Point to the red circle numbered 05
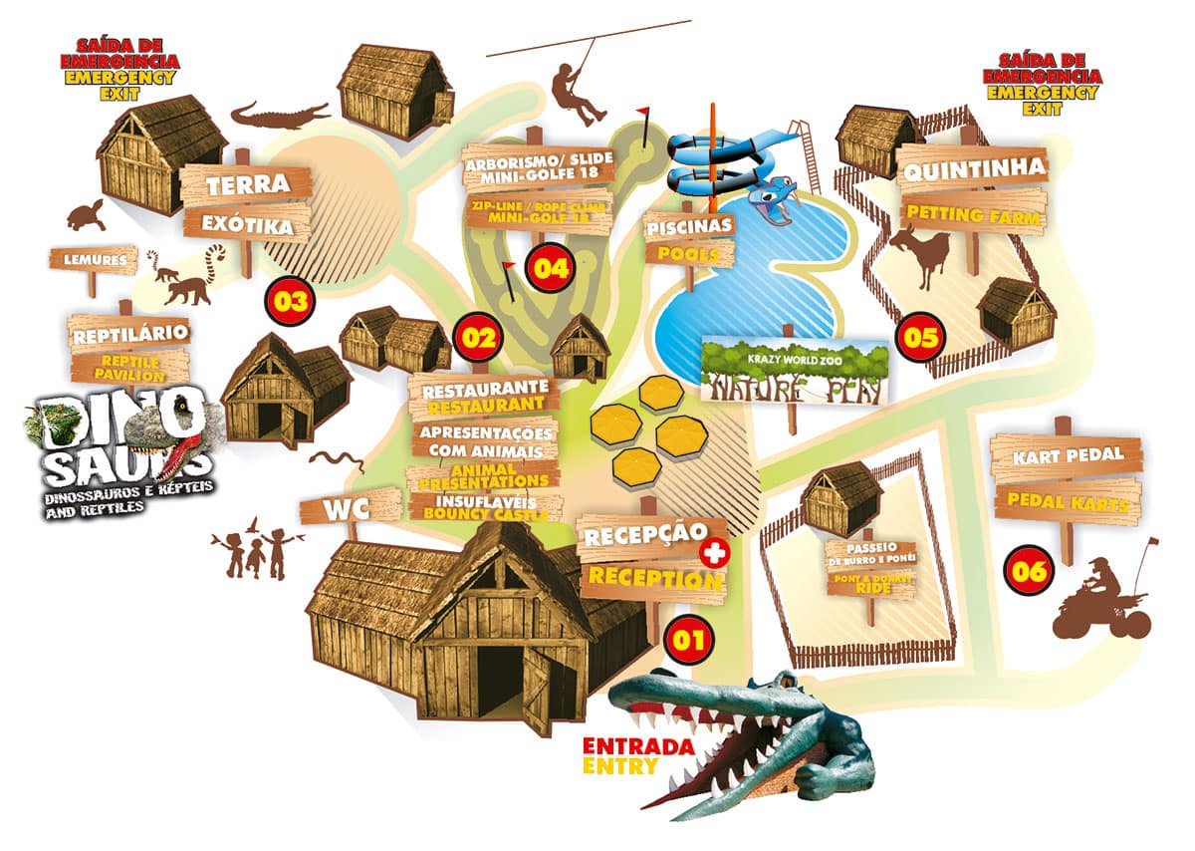pyautogui.click(x=920, y=337)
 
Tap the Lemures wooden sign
pyautogui.click(x=92, y=261)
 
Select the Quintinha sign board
pyautogui.click(x=960, y=167)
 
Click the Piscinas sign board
pyautogui.click(x=690, y=225)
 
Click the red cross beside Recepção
pyautogui.click(x=711, y=552)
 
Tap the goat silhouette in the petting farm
pyautogui.click(x=918, y=253)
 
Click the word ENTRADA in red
pyautogui.click(x=623, y=746)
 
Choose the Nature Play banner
pyautogui.click(x=796, y=372)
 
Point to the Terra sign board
pyautogui.click(x=247, y=185)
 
